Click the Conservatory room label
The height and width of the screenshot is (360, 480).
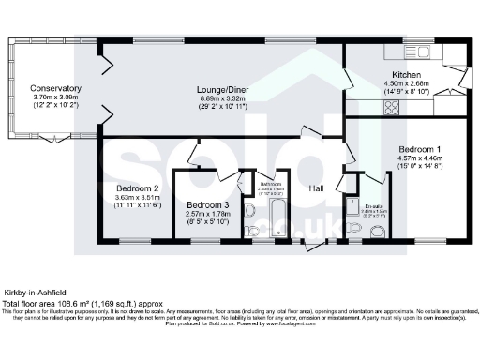(x=56, y=88)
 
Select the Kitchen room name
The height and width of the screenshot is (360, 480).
(x=405, y=74)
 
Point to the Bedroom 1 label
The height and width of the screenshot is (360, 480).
(x=418, y=150)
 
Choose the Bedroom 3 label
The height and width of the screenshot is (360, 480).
(x=207, y=205)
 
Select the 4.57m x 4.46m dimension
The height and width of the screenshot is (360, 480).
(x=418, y=158)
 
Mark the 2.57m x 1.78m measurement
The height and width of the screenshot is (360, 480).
(x=207, y=215)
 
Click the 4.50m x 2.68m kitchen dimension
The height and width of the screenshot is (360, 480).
(x=405, y=82)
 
